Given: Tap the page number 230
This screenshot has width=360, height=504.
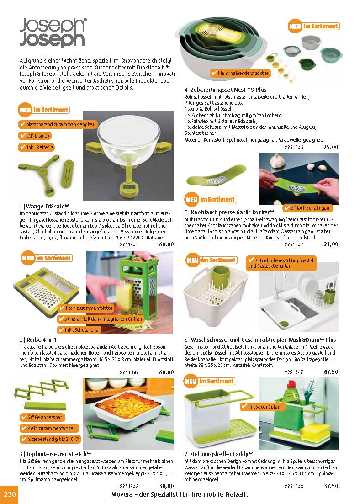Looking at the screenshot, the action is point(10,493).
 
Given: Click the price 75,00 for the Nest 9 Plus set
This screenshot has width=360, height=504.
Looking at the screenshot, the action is point(331,147).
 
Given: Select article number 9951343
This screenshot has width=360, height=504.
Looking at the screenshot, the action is point(129,244).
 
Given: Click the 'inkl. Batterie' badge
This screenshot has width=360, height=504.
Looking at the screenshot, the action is point(37,147).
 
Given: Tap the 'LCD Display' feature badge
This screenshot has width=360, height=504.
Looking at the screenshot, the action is point(35,136).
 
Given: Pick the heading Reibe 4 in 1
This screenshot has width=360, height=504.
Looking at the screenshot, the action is point(38,340).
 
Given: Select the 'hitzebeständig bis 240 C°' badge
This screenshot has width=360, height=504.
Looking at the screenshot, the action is point(50,439).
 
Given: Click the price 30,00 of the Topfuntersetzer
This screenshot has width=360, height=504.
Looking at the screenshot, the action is point(166,486).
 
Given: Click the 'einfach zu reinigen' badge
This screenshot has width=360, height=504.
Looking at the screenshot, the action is point(307,208).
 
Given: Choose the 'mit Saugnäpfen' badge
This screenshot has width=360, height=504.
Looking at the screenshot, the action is point(261,407).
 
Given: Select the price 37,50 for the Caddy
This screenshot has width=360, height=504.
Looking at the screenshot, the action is point(331,486).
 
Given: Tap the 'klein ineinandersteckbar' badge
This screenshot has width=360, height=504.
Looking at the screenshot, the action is point(240,73).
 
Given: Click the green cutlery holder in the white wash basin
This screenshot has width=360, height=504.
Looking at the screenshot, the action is point(221,278).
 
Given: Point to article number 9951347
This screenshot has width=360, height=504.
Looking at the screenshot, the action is point(294,372).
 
